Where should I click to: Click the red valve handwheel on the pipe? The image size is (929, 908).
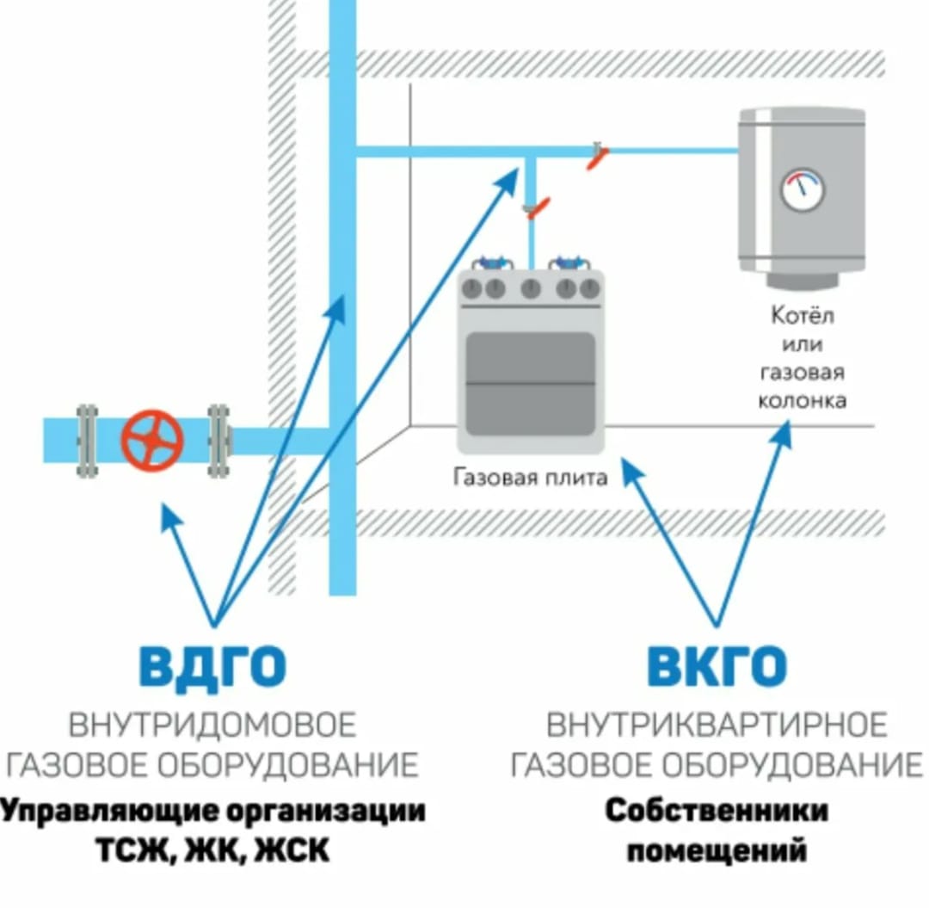152,439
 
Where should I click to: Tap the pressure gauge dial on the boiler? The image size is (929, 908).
802,189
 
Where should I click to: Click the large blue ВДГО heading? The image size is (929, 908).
212,665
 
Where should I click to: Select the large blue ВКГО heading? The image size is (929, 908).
717,665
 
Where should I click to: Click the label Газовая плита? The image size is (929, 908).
530,477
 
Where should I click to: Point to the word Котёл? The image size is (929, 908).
802,316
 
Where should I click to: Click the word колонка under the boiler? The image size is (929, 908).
802,400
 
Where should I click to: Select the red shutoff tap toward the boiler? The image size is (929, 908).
598,157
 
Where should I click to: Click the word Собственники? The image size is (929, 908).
717,811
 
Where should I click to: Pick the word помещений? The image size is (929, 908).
717,851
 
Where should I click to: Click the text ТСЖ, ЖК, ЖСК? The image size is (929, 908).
212,851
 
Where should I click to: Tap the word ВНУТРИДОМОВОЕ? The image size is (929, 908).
212,725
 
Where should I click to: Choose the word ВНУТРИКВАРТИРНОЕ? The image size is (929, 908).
717,725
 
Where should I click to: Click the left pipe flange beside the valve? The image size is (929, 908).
87,440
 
